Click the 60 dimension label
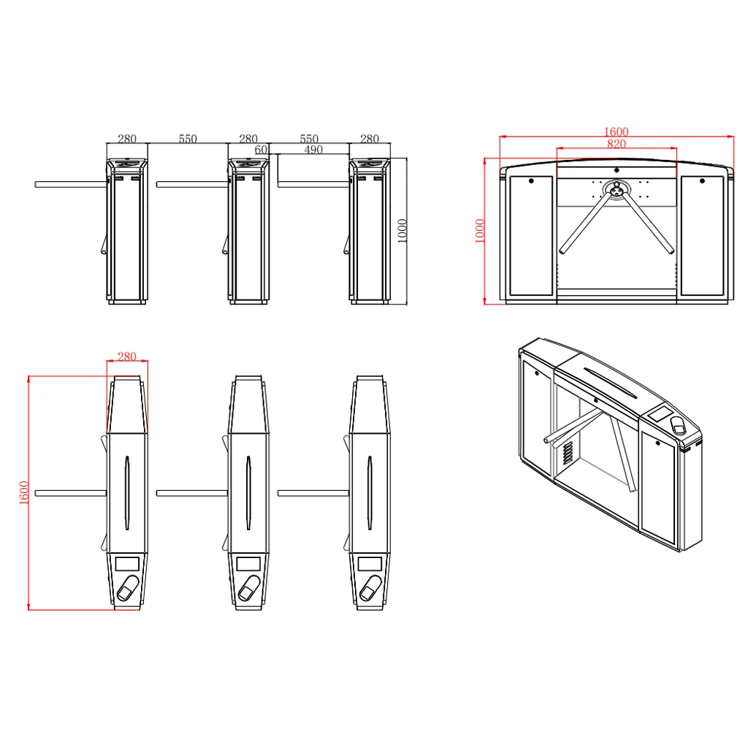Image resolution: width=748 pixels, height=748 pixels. pos(261,150)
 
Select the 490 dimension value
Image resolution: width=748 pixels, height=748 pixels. pos(313,150)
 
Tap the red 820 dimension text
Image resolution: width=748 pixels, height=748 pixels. pos(617,144)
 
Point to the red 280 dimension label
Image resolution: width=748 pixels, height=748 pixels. pos(127,356)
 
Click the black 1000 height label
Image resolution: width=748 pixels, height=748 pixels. pos(402,231)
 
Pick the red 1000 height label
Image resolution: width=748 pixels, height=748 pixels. pos(480,231)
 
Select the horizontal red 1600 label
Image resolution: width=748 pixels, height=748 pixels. pos(617,131)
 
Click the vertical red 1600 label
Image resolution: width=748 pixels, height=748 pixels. pos(24,493)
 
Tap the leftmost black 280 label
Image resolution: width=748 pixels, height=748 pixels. pos(127,138)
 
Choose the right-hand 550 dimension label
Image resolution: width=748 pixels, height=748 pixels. pos(309,138)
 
